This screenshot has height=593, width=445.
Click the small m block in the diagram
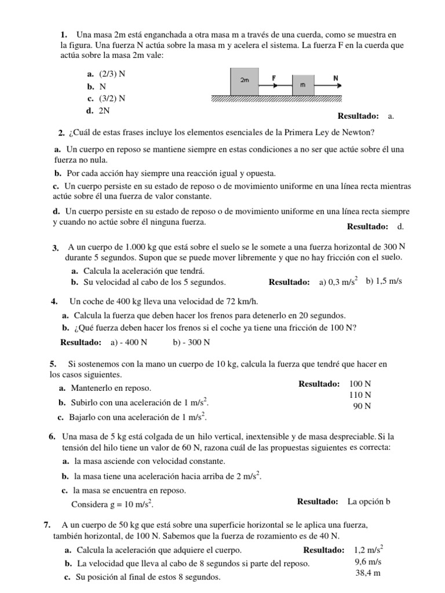pyautogui.click(x=302, y=85)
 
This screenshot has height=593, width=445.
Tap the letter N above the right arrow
pyautogui.click(x=335, y=76)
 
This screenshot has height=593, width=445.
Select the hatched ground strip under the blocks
pyautogui.click(x=276, y=98)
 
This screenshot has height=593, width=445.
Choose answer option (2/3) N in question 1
pyautogui.click(x=108, y=74)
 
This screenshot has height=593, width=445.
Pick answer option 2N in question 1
pyautogui.click(x=104, y=109)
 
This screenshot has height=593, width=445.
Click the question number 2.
pyautogui.click(x=61, y=133)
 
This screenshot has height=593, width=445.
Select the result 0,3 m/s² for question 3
pyautogui.click(x=338, y=282)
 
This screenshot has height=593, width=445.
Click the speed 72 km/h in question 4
pyautogui.click(x=238, y=301)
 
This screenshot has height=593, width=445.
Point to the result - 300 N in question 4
pyautogui.click(x=191, y=342)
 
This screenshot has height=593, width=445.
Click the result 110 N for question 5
pyautogui.click(x=360, y=395)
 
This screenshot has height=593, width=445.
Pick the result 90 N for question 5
pyautogui.click(x=362, y=406)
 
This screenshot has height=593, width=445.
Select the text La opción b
pyautogui.click(x=370, y=501)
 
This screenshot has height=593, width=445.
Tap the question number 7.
pyautogui.click(x=46, y=525)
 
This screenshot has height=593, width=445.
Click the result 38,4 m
pyautogui.click(x=368, y=573)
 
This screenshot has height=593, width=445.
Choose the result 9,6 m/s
pyautogui.click(x=368, y=561)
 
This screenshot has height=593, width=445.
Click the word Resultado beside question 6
pyautogui.click(x=318, y=501)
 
